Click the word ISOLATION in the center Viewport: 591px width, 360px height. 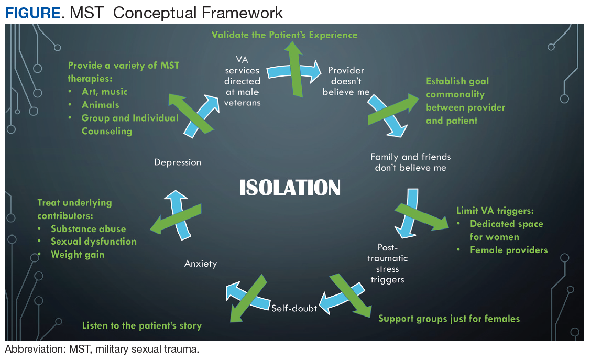pos(290,188)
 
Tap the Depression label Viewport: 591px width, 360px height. pos(178,162)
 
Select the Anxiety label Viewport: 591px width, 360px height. pos(201,264)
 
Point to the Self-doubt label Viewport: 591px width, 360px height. pos(294,308)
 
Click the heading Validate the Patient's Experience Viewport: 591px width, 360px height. pos(284,35)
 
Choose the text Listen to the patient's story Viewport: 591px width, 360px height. pos(141,326)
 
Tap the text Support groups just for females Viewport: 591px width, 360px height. pos(449,319)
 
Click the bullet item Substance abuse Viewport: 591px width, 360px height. pos(88,229)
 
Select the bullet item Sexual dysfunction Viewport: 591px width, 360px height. pos(93,242)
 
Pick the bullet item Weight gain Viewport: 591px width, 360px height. pos(77,255)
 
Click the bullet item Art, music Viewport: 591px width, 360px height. pos(104,92)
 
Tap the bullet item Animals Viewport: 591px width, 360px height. pos(100,105)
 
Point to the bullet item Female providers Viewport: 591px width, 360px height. pos(509,250)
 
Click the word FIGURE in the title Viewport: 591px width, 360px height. pos(32,13)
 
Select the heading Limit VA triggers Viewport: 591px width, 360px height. pos(495,211)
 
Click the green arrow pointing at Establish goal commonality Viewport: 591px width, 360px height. pos(393,110)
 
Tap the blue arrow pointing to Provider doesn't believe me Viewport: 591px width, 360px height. pos(294,72)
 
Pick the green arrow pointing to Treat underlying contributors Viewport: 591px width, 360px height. pos(176,219)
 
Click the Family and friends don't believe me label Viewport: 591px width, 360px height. pos(410,162)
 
